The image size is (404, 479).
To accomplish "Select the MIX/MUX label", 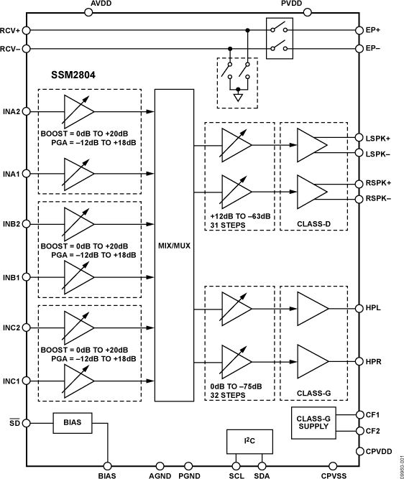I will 174,245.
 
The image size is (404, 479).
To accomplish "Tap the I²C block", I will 246,440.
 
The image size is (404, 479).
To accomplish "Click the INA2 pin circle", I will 27,111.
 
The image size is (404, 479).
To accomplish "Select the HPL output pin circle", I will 359,308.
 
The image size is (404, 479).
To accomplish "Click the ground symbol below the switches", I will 238,96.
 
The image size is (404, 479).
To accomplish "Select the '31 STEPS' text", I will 229,225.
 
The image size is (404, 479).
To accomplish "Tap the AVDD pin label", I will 102,5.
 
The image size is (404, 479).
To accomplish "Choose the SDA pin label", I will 262,474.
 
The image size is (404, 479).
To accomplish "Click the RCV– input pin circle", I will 27,49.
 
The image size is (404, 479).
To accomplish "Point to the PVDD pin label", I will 293,5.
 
